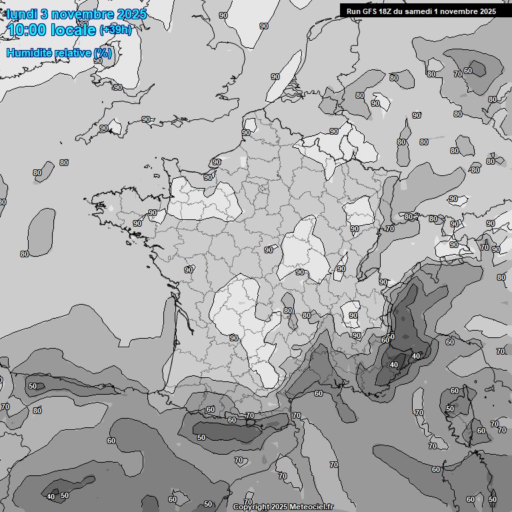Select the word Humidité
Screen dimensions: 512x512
point(28,53)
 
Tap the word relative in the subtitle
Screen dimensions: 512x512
point(72,53)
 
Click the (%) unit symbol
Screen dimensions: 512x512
point(103,53)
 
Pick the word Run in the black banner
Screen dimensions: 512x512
point(354,11)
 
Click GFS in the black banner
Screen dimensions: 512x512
point(370,11)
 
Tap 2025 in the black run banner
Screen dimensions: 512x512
point(487,11)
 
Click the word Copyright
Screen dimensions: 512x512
point(251,507)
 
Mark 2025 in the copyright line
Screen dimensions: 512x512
point(281,507)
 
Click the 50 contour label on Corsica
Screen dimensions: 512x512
point(450,409)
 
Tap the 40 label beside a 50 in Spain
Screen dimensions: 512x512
point(51,496)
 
